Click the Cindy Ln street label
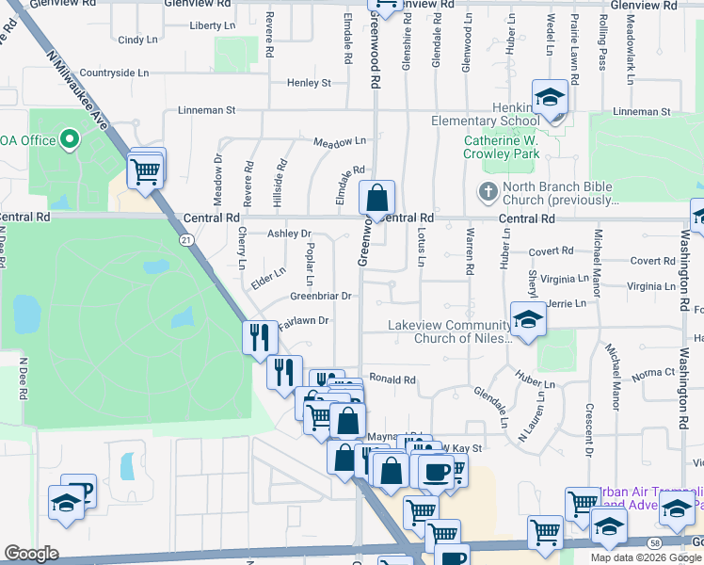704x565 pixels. coord(137,40)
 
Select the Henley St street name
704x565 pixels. coord(310,83)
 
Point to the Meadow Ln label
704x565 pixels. coord(339,140)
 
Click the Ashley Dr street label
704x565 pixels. coord(289,234)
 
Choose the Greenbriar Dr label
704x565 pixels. coord(320,296)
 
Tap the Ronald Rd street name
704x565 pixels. coord(392,380)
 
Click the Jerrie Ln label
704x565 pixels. coord(566,304)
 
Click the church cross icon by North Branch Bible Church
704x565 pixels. coord(488,191)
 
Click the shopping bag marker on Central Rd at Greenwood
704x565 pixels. coord(376,199)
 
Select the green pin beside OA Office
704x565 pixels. coord(69,140)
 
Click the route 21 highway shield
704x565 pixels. coord(186,240)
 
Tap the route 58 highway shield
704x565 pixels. coord(653,542)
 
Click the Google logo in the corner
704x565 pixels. coord(31,554)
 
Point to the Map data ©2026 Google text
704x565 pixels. coord(645,557)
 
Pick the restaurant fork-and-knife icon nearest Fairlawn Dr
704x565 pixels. coord(259,337)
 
